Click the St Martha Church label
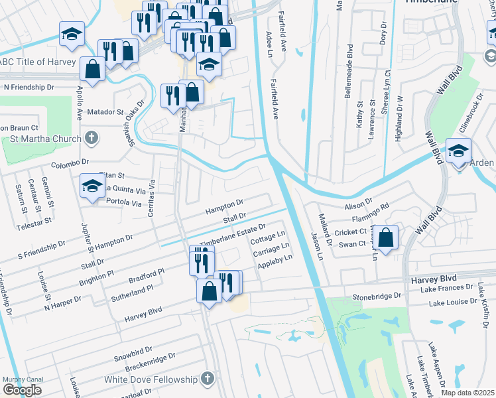click(46, 139)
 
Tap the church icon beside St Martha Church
click(92, 139)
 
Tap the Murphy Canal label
click(23, 380)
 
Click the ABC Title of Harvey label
click(41, 62)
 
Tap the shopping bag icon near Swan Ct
click(385, 237)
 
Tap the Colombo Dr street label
click(70, 162)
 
